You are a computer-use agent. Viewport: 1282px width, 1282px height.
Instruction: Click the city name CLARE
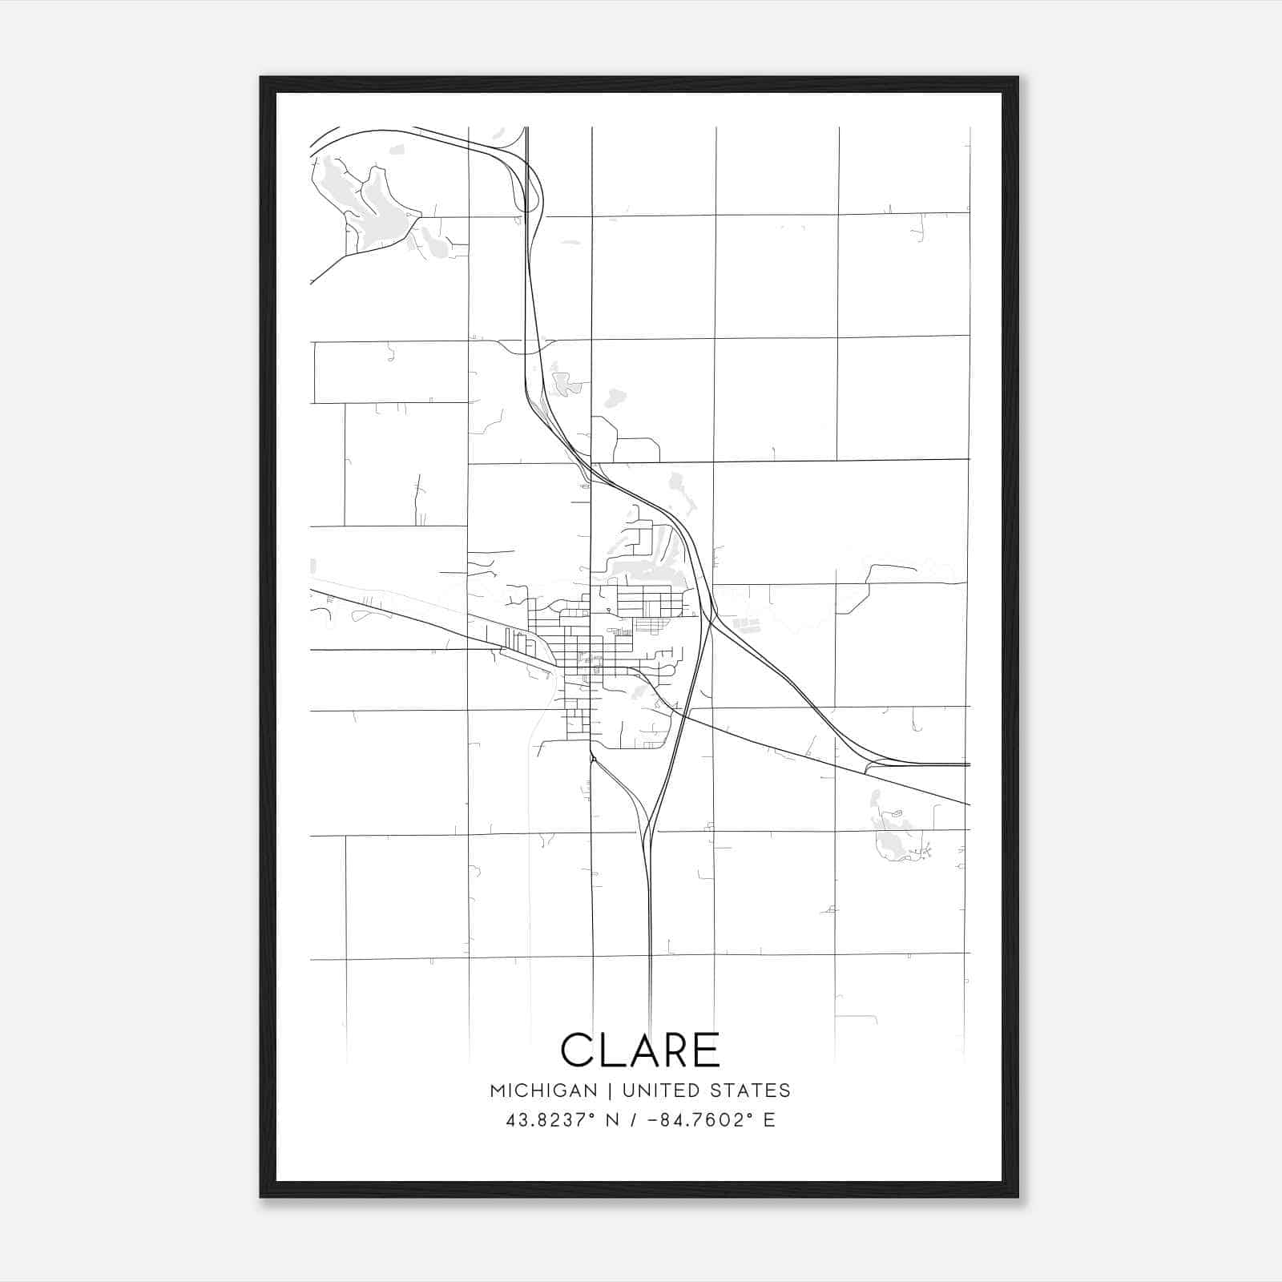[x=640, y=1050]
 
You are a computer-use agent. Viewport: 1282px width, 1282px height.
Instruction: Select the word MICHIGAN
[x=543, y=1091]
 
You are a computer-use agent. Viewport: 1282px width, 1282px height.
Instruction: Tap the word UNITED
[x=654, y=1091]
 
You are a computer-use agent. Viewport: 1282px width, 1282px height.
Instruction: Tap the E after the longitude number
[x=769, y=1120]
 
